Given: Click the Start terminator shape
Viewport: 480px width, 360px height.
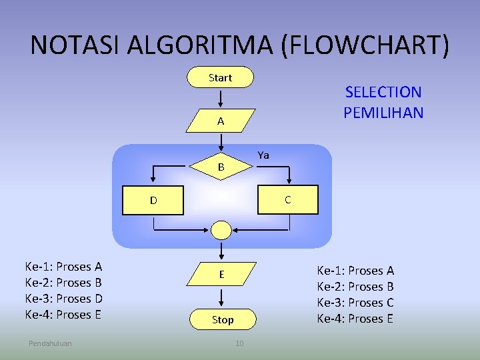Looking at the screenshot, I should coord(221,77).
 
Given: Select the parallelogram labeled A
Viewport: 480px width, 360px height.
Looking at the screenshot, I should coord(221,121).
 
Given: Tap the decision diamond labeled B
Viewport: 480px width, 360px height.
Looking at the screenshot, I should coord(221,167).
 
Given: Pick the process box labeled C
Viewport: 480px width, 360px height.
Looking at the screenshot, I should coord(287,200).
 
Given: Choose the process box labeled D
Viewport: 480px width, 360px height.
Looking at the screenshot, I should coord(153,200).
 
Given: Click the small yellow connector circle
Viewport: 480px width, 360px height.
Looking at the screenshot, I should coord(221,230).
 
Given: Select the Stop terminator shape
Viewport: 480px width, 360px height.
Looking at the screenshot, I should coord(222,319).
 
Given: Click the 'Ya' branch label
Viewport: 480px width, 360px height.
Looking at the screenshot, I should coord(263,155).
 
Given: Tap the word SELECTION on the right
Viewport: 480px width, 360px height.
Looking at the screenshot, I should coord(383,93).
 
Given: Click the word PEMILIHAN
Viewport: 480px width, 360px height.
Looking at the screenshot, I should coord(383,112).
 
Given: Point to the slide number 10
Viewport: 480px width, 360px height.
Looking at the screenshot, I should coord(239,343).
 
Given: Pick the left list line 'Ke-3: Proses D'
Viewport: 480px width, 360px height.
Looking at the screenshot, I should coord(63,299).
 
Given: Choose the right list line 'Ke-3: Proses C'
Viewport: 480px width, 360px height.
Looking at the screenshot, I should coord(355,303).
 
